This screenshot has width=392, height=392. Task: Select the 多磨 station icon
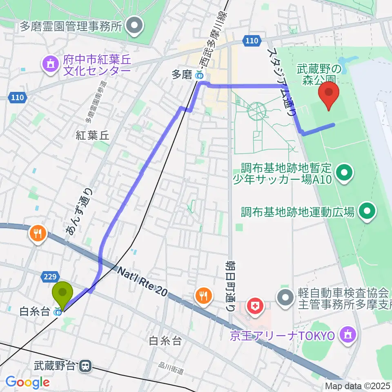click(199, 75)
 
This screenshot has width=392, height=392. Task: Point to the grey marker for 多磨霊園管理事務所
click(134, 27)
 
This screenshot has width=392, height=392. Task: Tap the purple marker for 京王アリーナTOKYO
click(347, 335)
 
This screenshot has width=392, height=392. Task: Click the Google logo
click(27, 382)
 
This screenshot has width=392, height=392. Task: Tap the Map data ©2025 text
click(358, 385)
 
